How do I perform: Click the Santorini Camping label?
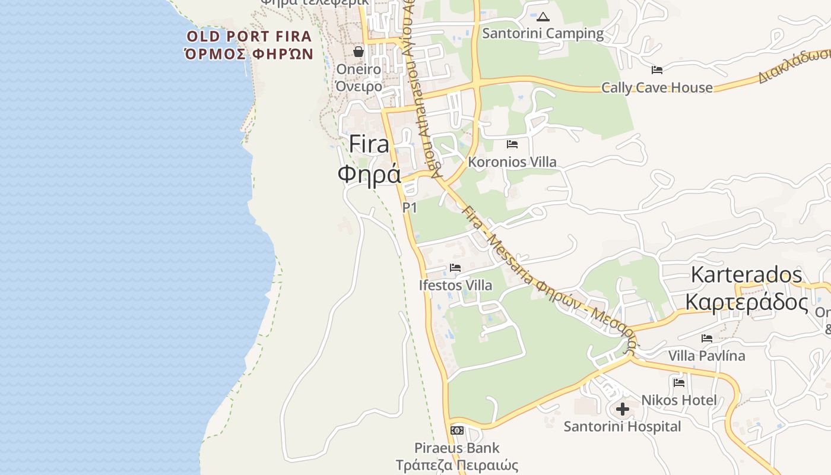click(543, 33)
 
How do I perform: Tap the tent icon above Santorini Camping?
click(543, 17)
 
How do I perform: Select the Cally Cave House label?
click(656, 87)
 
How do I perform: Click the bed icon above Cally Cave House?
click(656, 70)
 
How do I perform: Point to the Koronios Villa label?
click(512, 161)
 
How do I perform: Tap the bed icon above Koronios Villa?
click(512, 144)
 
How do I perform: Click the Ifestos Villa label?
click(455, 285)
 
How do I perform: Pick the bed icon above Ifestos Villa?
click(455, 268)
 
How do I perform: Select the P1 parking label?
click(410, 208)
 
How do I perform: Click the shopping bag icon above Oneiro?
click(359, 52)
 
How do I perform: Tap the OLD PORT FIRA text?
click(249, 36)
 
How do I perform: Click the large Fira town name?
click(369, 144)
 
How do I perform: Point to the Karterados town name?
click(746, 274)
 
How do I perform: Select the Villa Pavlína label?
click(706, 356)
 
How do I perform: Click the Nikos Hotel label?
click(678, 400)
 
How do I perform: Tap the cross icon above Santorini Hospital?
click(622, 409)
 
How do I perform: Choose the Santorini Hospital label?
click(622, 426)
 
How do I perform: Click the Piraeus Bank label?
click(456, 448)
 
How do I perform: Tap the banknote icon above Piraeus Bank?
click(456, 430)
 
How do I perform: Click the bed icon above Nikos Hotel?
click(679, 383)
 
